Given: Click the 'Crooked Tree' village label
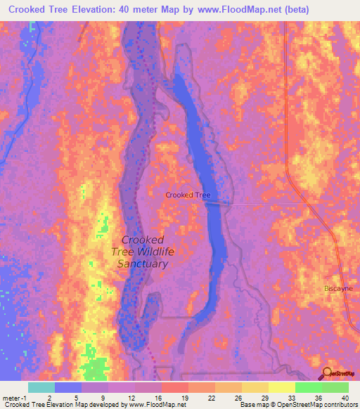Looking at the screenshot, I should coord(188,195).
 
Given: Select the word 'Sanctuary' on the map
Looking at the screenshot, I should coord(143,264).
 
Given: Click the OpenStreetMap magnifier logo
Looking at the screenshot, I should coord(328,374).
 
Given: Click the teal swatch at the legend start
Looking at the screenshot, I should coord(41,387).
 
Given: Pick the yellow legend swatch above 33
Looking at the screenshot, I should coord(281,387).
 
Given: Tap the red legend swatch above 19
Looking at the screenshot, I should coord(174,387).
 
